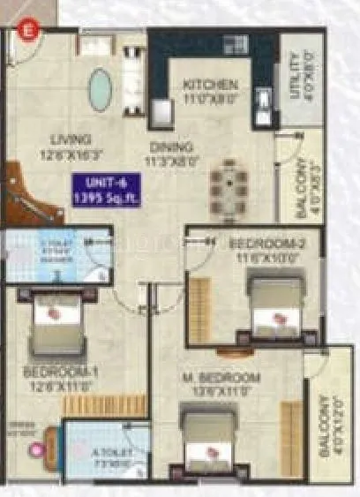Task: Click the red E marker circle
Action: click(x=28, y=29)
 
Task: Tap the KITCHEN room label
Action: click(x=210, y=85)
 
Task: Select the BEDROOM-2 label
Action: click(x=254, y=242)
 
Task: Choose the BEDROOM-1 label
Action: click(x=60, y=372)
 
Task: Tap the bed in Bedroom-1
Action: click(x=56, y=322)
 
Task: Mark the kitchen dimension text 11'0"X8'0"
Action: click(x=211, y=100)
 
